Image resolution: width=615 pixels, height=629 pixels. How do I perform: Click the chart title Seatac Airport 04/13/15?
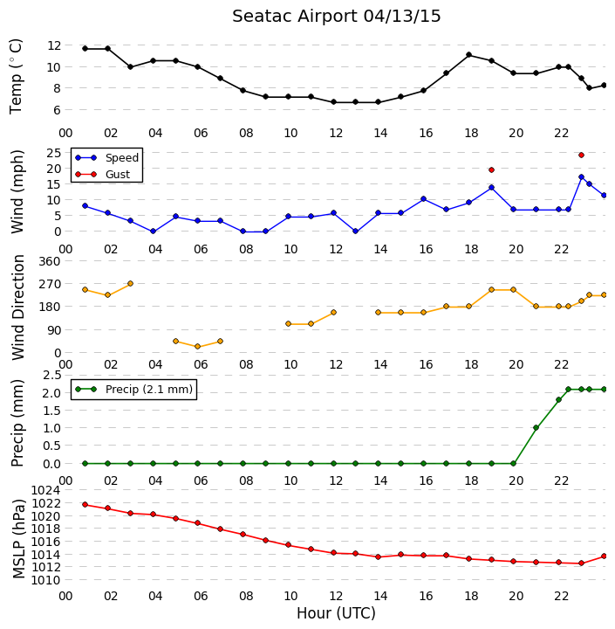point(336,17)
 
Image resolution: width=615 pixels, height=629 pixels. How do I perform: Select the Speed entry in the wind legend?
point(107,157)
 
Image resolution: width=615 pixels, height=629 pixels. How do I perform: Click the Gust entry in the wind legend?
point(103,175)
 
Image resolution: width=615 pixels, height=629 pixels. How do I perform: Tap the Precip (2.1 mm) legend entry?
point(133,389)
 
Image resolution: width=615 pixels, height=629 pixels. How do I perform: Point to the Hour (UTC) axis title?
point(336,613)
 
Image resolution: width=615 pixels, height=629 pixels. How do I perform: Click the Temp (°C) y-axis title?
point(16,77)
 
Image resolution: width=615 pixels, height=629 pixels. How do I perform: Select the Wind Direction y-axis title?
point(18,308)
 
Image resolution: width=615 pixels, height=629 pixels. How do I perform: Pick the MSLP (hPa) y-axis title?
point(18,539)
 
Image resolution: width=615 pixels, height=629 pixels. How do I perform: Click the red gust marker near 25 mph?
point(581,155)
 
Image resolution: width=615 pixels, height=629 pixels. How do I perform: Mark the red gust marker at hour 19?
point(492,170)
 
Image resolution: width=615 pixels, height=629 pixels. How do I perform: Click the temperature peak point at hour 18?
point(468,54)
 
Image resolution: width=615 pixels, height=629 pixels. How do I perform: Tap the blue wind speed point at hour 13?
point(355,232)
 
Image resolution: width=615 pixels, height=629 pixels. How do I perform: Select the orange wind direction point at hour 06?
point(197,347)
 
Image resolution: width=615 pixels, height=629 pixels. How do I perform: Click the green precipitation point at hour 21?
point(536,427)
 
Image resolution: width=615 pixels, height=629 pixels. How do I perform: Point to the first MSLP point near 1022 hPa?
point(85,504)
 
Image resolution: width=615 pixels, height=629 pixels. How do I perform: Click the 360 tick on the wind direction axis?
point(50,261)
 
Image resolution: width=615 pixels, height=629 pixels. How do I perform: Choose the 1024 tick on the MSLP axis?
point(45,490)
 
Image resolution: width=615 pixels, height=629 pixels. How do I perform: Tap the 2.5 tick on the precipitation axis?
point(52,375)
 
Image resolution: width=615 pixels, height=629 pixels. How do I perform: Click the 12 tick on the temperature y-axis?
point(54,45)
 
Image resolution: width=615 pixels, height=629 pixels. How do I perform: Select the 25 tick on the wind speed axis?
point(54,153)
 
